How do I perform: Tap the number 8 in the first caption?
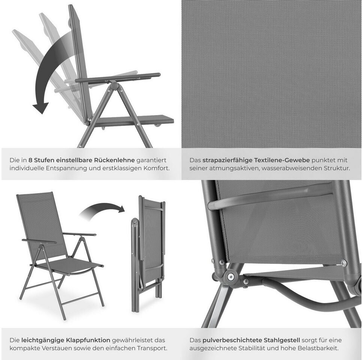click(x=30, y=160)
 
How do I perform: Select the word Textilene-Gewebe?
click(x=282, y=160)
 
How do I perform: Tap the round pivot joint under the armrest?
click(x=115, y=86)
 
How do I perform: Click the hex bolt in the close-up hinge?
click(x=231, y=276)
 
